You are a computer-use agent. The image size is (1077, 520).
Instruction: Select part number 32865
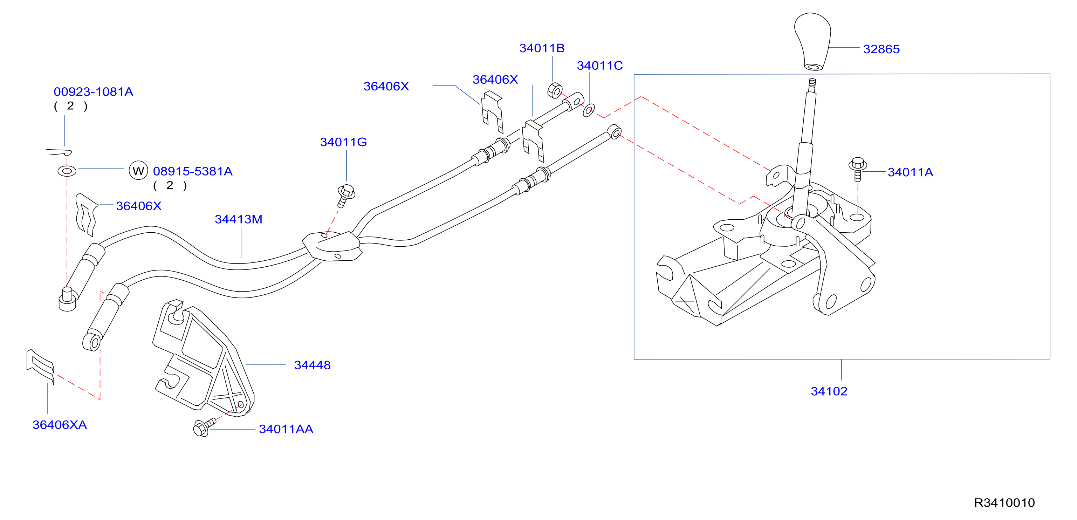click(882, 49)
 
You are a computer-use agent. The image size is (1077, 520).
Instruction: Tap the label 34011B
click(542, 48)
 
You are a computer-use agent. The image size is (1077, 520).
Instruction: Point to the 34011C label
click(599, 66)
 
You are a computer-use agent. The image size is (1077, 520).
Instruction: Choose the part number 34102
click(829, 391)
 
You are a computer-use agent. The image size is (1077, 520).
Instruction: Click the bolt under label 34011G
click(346, 196)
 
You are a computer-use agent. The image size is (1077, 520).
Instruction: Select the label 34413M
click(238, 219)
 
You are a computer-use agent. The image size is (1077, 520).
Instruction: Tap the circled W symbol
click(138, 171)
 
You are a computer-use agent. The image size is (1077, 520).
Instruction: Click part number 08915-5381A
click(193, 171)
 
